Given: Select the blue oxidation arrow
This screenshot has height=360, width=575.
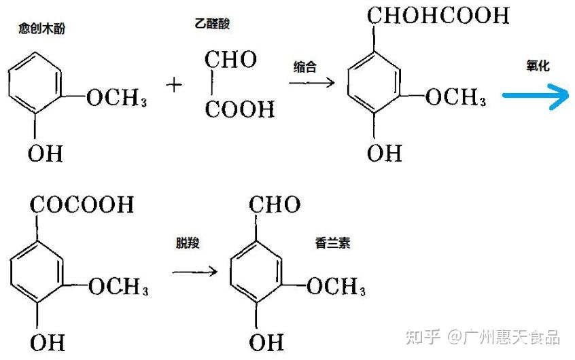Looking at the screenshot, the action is pyautogui.click(x=535, y=97).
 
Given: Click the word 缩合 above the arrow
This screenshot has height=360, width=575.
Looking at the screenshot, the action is pyautogui.click(x=305, y=66).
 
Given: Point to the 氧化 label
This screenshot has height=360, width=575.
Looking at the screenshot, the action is pyautogui.click(x=538, y=67).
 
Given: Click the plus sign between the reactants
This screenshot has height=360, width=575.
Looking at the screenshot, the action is pyautogui.click(x=175, y=84).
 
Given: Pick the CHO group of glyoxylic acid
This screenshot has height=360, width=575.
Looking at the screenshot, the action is pyautogui.click(x=231, y=60).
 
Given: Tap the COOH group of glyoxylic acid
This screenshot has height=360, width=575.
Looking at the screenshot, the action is pyautogui.click(x=239, y=109).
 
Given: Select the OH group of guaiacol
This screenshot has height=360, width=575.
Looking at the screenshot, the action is pyautogui.click(x=45, y=154).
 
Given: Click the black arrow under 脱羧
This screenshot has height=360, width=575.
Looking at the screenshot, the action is pyautogui.click(x=194, y=272).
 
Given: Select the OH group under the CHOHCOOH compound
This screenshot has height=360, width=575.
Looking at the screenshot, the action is pyautogui.click(x=385, y=154).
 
